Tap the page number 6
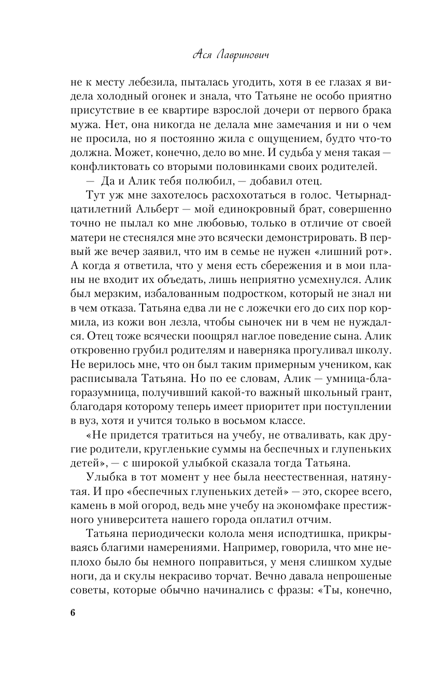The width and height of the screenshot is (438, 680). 72,612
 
